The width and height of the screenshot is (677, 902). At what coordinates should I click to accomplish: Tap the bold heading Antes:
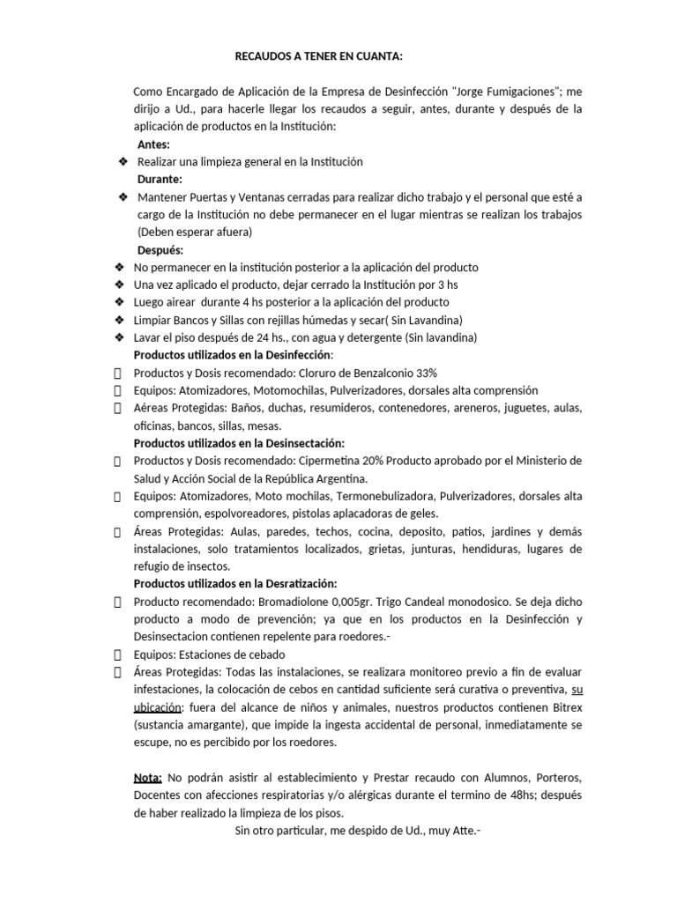[x=154, y=144]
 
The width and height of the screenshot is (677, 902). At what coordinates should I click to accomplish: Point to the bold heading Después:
[x=160, y=250]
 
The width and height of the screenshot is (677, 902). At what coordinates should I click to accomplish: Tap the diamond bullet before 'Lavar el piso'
[x=118, y=337]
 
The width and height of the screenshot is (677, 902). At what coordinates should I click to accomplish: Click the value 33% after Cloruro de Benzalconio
[x=420, y=373]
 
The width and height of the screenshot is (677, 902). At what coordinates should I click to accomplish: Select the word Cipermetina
[x=344, y=461]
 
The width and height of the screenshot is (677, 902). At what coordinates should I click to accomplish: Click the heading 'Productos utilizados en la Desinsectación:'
[x=239, y=443]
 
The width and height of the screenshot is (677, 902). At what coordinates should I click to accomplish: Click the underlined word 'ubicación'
[x=157, y=707]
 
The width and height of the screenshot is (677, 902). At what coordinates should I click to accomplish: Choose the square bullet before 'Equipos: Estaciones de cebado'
[x=118, y=654]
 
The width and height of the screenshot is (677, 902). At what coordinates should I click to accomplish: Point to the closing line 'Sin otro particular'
[x=356, y=831]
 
